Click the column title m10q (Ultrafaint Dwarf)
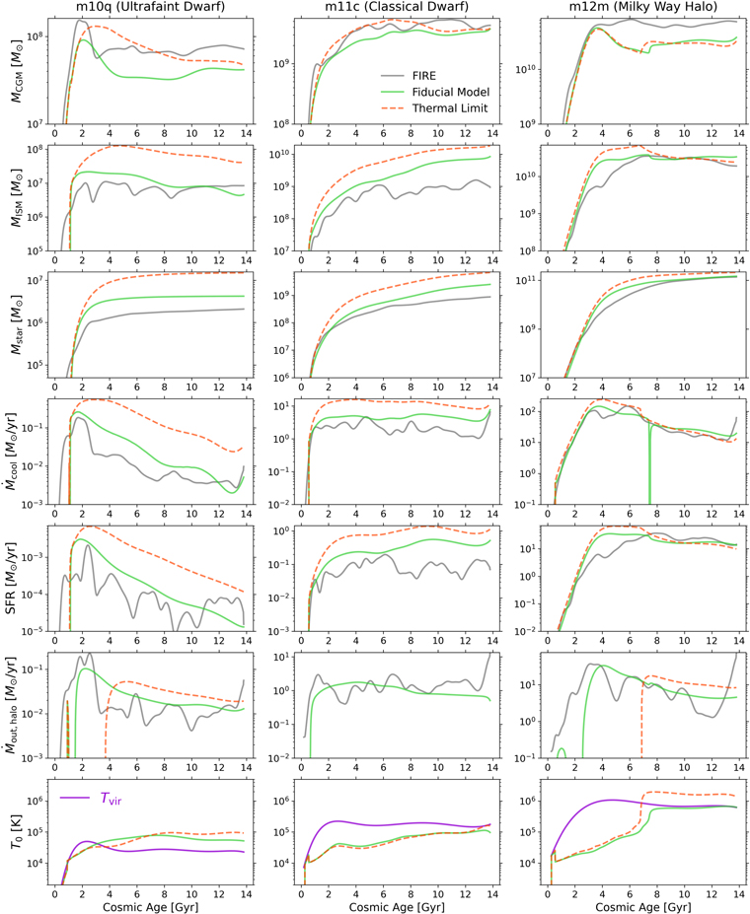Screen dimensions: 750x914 pyautogui.click(x=150, y=7)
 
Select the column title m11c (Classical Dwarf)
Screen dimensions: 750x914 pyautogui.click(x=397, y=7)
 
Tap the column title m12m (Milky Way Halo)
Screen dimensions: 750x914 pyautogui.click(x=643, y=7)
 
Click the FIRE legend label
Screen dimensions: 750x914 pyautogui.click(x=424, y=76)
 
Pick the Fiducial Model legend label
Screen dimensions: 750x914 pyautogui.click(x=451, y=92)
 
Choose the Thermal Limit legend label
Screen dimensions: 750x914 pyautogui.click(x=450, y=108)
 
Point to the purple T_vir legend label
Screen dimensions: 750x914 pyautogui.click(x=111, y=799)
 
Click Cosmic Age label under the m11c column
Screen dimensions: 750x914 pyautogui.click(x=397, y=907)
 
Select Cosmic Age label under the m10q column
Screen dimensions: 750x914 pyautogui.click(x=150, y=907)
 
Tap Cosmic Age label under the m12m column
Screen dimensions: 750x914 pyautogui.click(x=643, y=907)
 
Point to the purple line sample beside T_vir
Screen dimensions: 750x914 pyautogui.click(x=75, y=798)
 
